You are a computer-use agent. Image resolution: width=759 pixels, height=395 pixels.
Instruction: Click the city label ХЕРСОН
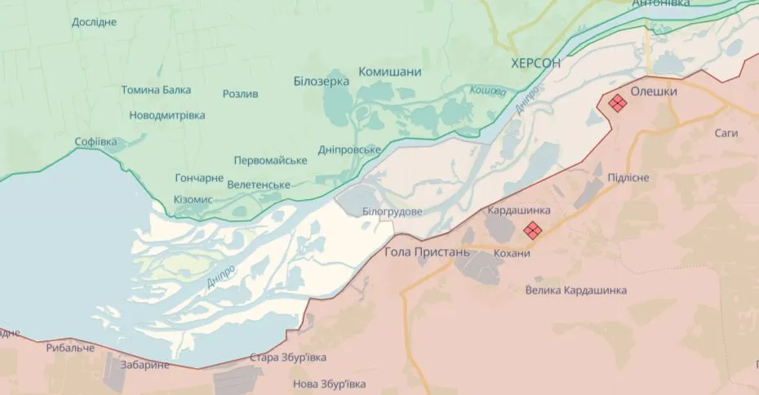536,63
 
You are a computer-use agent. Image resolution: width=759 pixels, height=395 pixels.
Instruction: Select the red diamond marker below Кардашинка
532,230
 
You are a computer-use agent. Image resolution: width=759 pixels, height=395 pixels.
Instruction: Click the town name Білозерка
321,81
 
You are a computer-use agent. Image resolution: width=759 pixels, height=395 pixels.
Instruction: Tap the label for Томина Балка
158,90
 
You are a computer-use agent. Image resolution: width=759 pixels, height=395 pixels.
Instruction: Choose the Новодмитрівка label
167,115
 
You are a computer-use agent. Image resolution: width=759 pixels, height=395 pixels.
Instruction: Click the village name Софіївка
95,141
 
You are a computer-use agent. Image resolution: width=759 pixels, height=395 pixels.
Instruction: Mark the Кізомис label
193,199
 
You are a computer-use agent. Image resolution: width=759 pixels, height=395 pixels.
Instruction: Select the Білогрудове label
393,211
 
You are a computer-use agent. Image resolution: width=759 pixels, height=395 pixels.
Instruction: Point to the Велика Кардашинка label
576,290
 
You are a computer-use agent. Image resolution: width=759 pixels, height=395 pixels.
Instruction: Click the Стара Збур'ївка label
289,357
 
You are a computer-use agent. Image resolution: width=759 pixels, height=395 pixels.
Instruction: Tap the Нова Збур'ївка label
329,384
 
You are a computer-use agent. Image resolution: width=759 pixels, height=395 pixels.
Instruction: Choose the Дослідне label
94,21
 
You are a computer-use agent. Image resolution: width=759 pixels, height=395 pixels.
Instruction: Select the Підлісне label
628,178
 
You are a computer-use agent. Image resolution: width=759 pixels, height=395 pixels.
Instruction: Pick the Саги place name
726,132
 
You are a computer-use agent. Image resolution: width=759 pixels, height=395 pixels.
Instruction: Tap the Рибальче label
70,348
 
